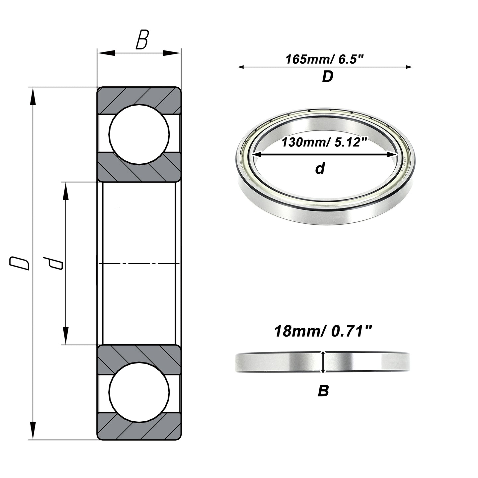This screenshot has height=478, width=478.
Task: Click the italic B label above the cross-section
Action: [x=142, y=40]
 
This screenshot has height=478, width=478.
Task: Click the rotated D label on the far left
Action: [x=19, y=264]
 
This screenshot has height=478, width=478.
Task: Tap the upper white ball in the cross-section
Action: [x=139, y=134]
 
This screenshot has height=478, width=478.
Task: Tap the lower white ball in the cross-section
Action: [x=139, y=393]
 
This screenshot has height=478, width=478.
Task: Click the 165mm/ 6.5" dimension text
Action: [x=325, y=59]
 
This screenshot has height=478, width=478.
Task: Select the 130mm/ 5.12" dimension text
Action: [x=324, y=142]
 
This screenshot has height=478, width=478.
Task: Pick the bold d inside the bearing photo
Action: [x=320, y=168]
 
